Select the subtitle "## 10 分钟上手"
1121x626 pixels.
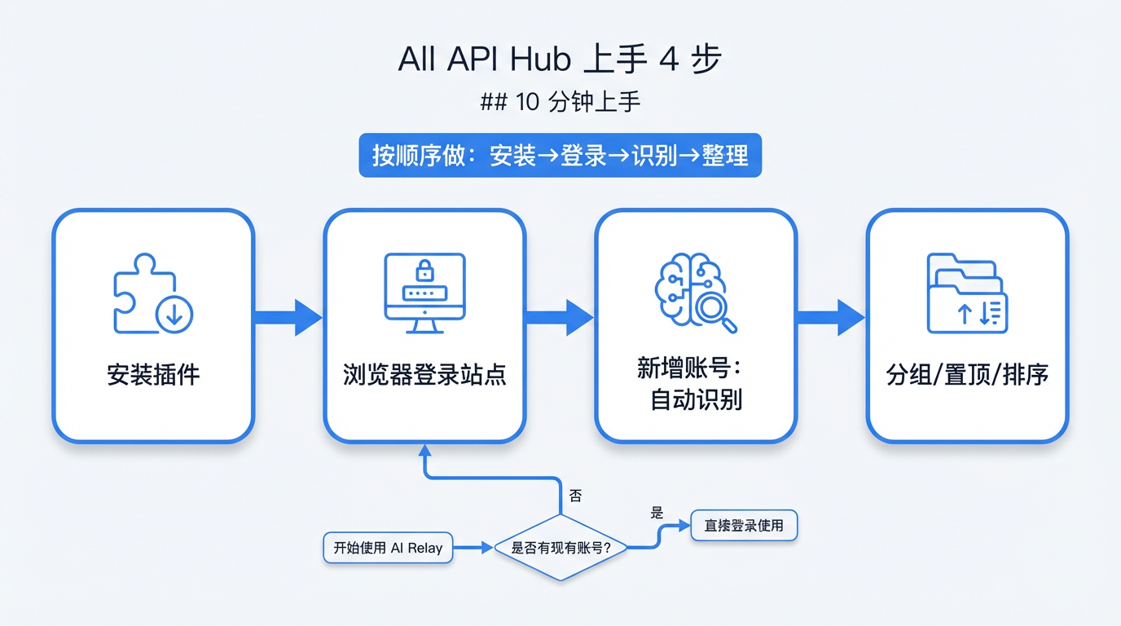[x=560, y=102]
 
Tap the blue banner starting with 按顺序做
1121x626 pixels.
[x=560, y=155]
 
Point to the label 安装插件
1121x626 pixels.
[x=153, y=375]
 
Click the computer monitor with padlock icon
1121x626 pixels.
[x=424, y=292]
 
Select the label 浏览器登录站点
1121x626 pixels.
[x=424, y=375]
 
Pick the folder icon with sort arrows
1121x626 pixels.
[x=967, y=293]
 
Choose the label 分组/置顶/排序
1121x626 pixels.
[x=967, y=375]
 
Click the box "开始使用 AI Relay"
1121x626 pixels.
[x=388, y=548]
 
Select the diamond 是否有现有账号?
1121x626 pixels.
[x=560, y=548]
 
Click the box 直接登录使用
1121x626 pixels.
[x=743, y=526]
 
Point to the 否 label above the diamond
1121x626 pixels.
[x=575, y=496]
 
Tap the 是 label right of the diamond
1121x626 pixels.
[x=657, y=513]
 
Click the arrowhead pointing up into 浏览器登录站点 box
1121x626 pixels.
[x=424, y=450]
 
